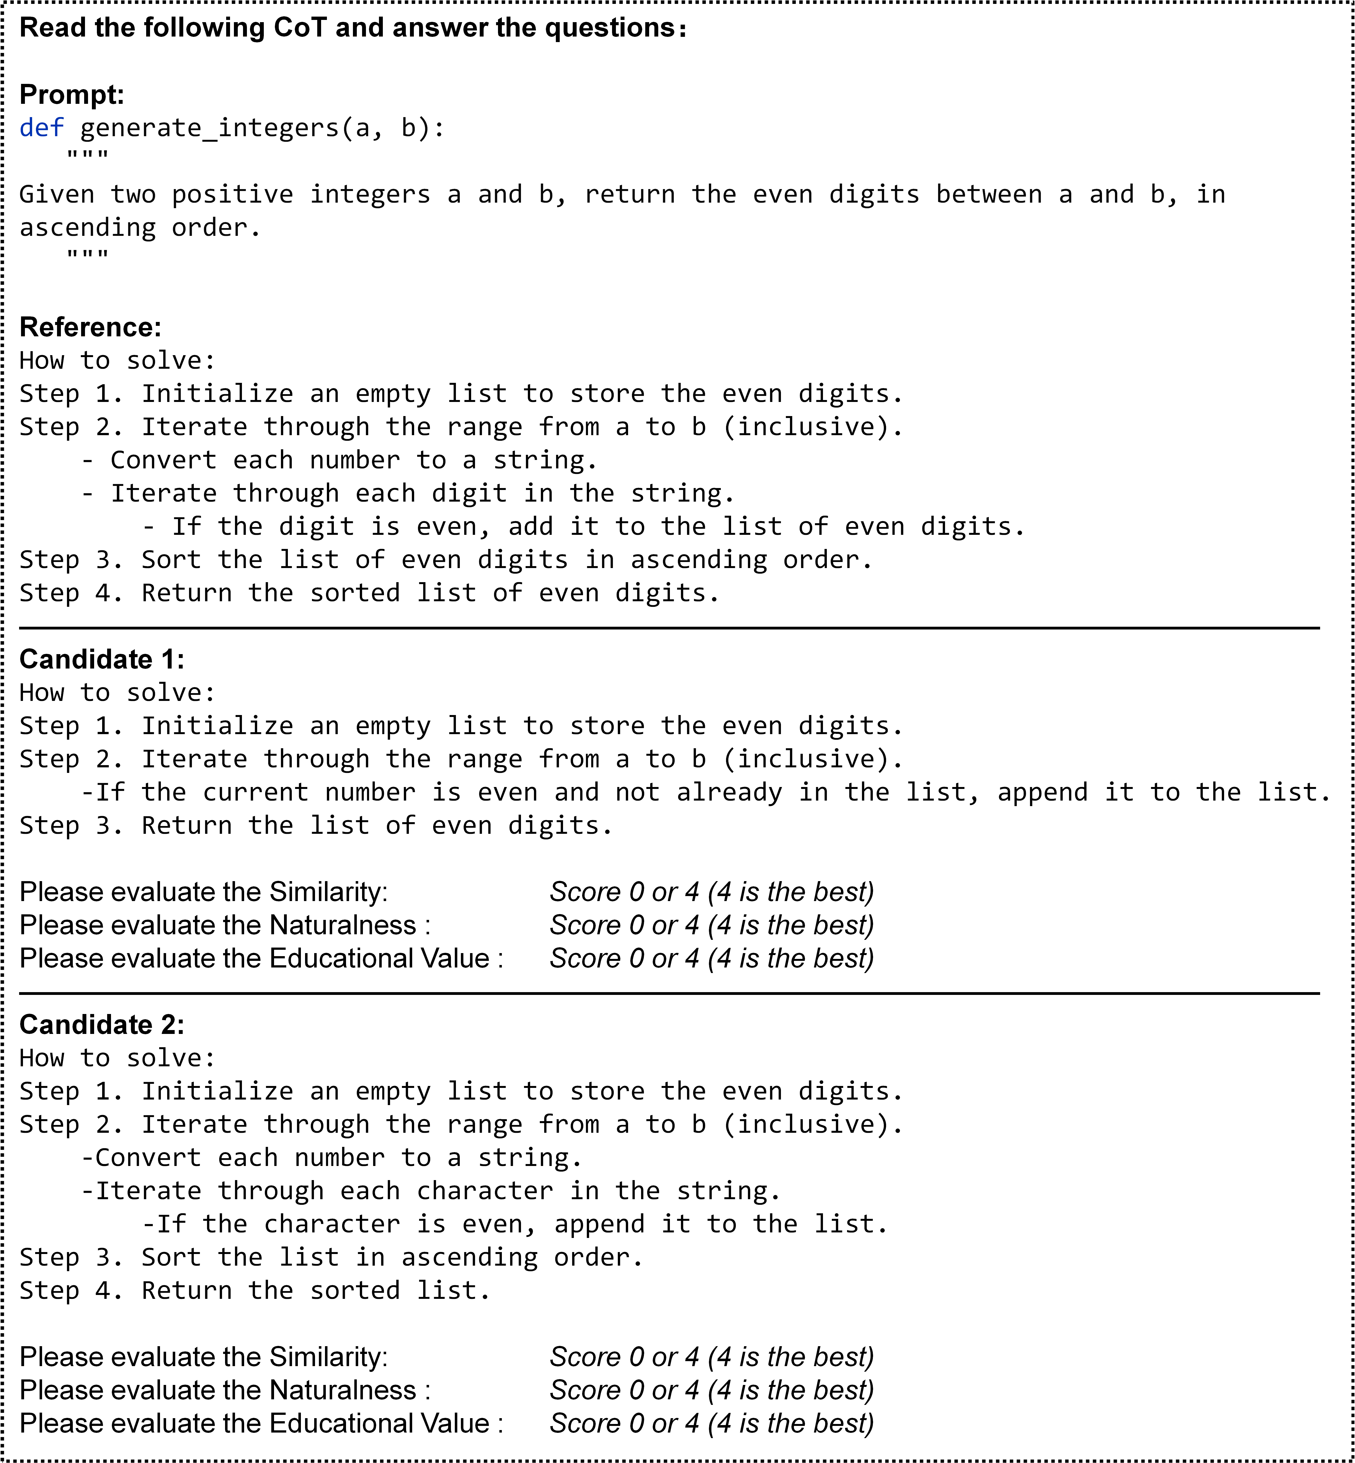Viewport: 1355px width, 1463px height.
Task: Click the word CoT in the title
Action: [299, 28]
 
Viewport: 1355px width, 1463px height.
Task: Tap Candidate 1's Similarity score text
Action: [711, 892]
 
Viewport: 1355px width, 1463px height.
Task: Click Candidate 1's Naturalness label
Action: [224, 925]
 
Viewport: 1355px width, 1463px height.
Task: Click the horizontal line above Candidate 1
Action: [669, 628]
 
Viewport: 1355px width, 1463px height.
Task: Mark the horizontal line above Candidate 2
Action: [669, 994]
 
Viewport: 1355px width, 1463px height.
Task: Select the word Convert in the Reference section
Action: [163, 461]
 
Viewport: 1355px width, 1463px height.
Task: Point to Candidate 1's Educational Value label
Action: [261, 958]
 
